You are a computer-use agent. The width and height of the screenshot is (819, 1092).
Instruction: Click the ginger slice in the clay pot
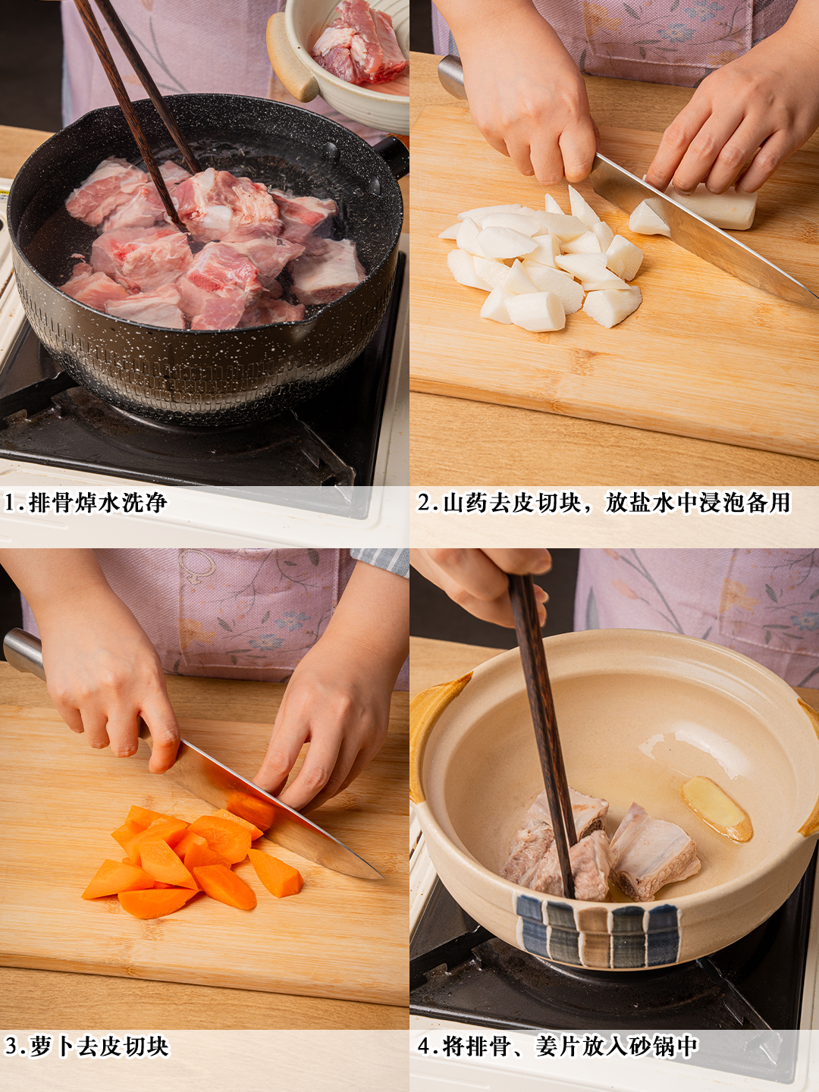(717, 808)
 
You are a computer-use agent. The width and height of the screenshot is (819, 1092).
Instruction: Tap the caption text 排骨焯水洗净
(98, 503)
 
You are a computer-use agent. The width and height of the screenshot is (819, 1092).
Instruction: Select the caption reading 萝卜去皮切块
(99, 1046)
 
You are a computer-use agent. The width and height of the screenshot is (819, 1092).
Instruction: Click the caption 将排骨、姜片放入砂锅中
(571, 1046)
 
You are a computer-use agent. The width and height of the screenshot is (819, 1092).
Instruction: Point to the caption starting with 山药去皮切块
(617, 503)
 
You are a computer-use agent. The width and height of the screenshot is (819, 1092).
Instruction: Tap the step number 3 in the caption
(11, 1046)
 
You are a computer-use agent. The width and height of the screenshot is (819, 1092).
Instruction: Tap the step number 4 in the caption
(424, 1046)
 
